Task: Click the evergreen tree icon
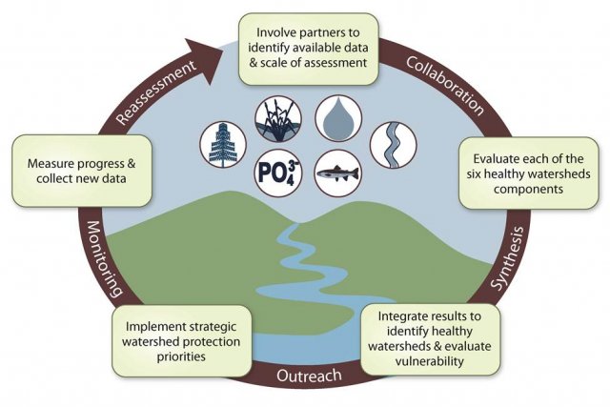pos(218,143)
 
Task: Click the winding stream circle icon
pos(387,143)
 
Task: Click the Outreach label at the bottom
pos(307,376)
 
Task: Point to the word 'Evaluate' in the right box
pos(495,157)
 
